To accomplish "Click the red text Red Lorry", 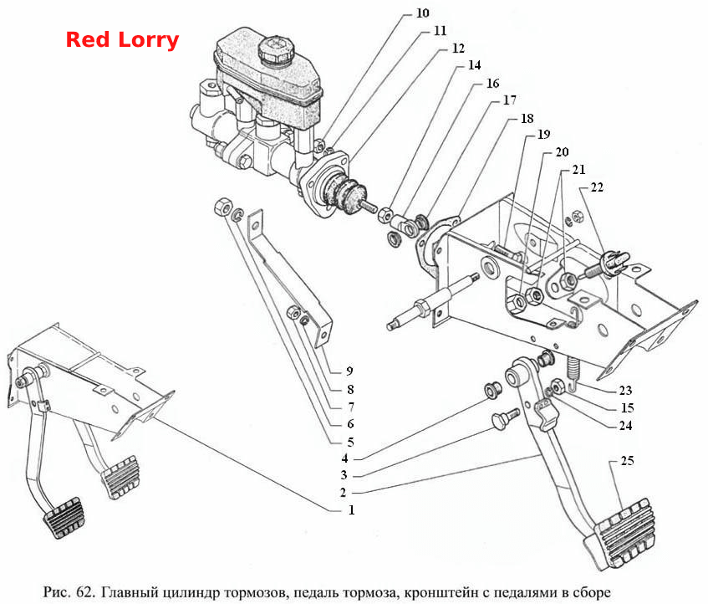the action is (122, 40).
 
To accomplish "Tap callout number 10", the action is (422, 13).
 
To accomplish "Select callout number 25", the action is (627, 461).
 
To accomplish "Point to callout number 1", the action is (351, 510).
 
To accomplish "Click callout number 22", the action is (597, 187).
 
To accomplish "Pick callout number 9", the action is (349, 371).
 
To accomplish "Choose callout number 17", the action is (509, 100).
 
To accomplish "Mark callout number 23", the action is (625, 390).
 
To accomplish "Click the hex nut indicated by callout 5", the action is (222, 207).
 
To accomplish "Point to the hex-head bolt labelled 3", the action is (505, 419).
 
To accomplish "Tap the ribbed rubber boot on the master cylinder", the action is (344, 192).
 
